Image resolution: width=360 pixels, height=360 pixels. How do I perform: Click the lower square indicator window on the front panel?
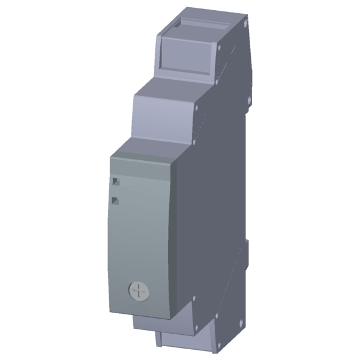tap(116, 201)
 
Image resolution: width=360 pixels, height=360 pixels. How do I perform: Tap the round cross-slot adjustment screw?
tap(139, 292)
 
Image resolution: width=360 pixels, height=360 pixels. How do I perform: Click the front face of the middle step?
tap(163, 114)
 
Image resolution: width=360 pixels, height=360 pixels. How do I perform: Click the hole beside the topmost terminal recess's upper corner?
tap(220, 47)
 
